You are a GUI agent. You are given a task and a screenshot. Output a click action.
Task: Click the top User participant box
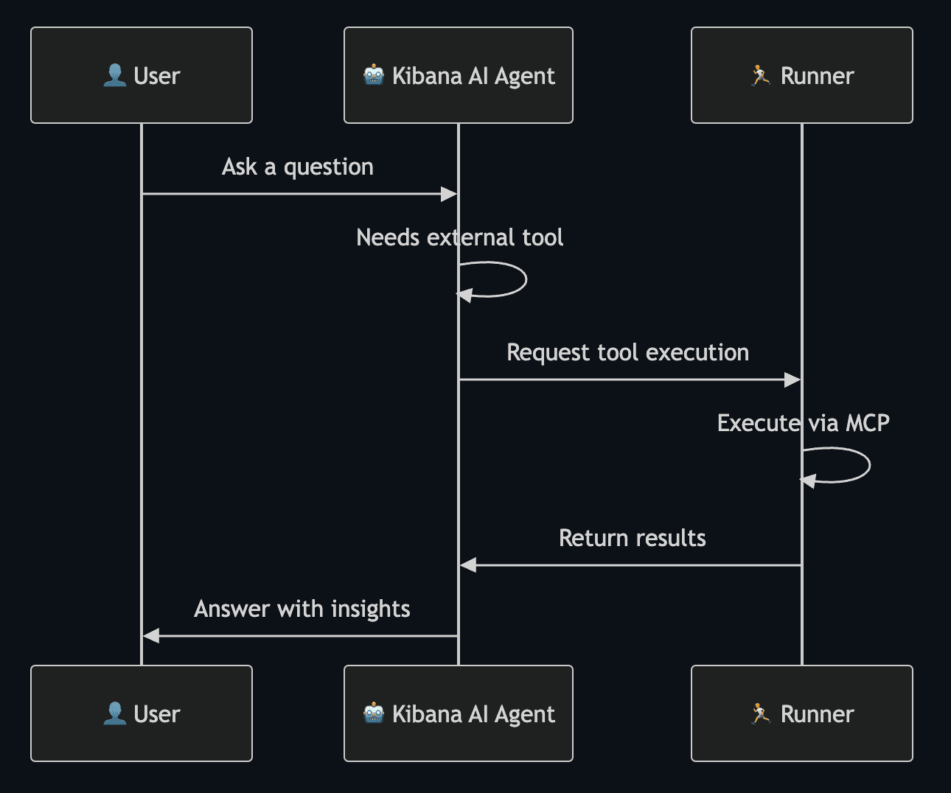[142, 75]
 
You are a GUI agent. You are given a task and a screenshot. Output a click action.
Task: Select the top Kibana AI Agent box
[458, 75]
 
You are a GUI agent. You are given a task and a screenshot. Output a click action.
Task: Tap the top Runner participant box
[801, 75]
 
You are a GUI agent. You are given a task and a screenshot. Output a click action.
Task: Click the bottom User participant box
[142, 713]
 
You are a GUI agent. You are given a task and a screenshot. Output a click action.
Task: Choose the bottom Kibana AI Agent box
[458, 713]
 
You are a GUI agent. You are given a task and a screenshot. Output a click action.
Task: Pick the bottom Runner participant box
[801, 713]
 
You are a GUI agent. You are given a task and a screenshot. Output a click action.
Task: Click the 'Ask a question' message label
[298, 167]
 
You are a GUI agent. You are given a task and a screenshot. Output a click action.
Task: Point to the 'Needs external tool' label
[459, 237]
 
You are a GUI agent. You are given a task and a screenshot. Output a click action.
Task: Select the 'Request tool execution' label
[627, 352]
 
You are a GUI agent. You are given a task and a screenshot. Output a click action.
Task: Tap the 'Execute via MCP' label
[803, 423]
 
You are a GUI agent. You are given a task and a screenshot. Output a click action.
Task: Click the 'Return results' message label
[632, 538]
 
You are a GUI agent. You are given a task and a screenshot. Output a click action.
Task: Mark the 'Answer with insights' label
[302, 609]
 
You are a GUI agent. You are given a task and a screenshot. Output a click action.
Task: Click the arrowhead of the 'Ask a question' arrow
[449, 194]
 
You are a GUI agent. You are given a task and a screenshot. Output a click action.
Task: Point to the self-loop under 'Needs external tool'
[525, 279]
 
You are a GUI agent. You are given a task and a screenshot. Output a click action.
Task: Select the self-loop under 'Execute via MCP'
[868, 465]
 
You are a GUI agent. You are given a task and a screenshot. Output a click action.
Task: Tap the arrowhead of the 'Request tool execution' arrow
[792, 380]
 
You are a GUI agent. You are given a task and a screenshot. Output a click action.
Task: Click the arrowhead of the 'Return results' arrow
[468, 565]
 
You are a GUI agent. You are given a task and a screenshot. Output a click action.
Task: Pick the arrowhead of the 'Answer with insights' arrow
[151, 635]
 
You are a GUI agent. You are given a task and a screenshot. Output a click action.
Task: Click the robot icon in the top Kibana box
[374, 75]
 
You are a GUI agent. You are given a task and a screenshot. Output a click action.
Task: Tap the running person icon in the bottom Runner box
[760, 713]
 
